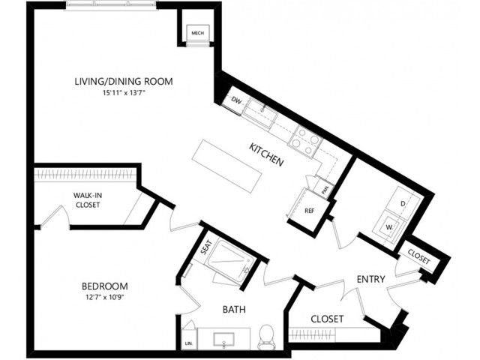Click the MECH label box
tap(198, 33)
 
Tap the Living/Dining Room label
tap(124, 82)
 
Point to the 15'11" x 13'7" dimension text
tap(124, 93)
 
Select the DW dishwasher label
tap(236, 100)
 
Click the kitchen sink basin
tap(261, 113)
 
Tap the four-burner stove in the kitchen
tap(305, 142)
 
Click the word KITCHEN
tap(266, 155)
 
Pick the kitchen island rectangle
tap(227, 166)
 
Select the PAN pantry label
tap(325, 190)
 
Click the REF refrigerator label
tap(309, 211)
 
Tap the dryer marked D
tap(403, 203)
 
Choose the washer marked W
tap(389, 227)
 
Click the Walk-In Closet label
tap(88, 200)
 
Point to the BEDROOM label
tap(105, 286)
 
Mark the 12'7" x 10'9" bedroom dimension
tap(105, 297)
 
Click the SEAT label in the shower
tap(206, 247)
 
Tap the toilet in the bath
tap(266, 337)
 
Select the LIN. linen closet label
tap(189, 343)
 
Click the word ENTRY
tap(371, 279)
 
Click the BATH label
tap(234, 310)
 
